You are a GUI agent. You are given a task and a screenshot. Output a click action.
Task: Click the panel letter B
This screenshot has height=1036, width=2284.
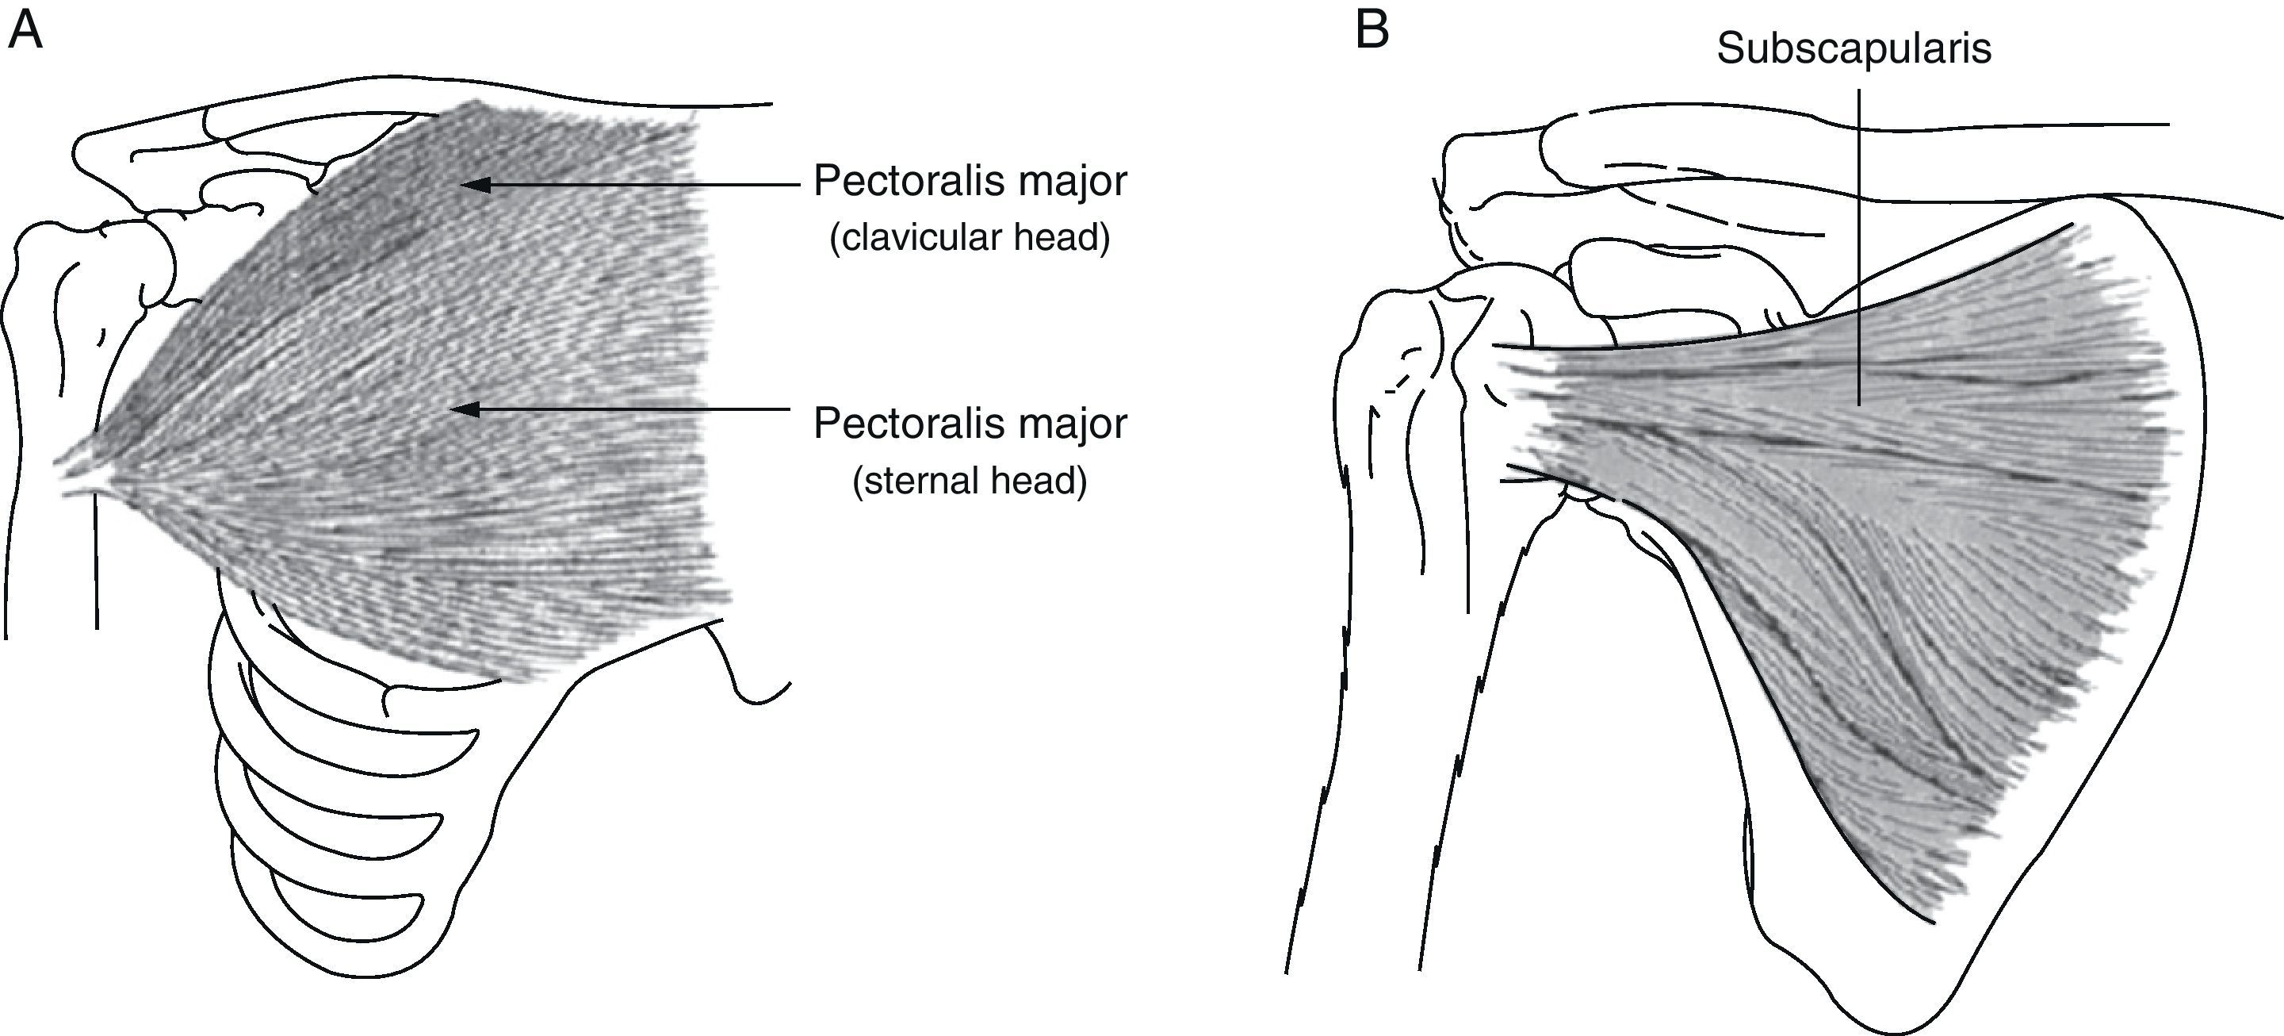[x=1372, y=32]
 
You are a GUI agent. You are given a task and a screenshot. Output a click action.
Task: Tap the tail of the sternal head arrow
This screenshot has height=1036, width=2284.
[x=787, y=409]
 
